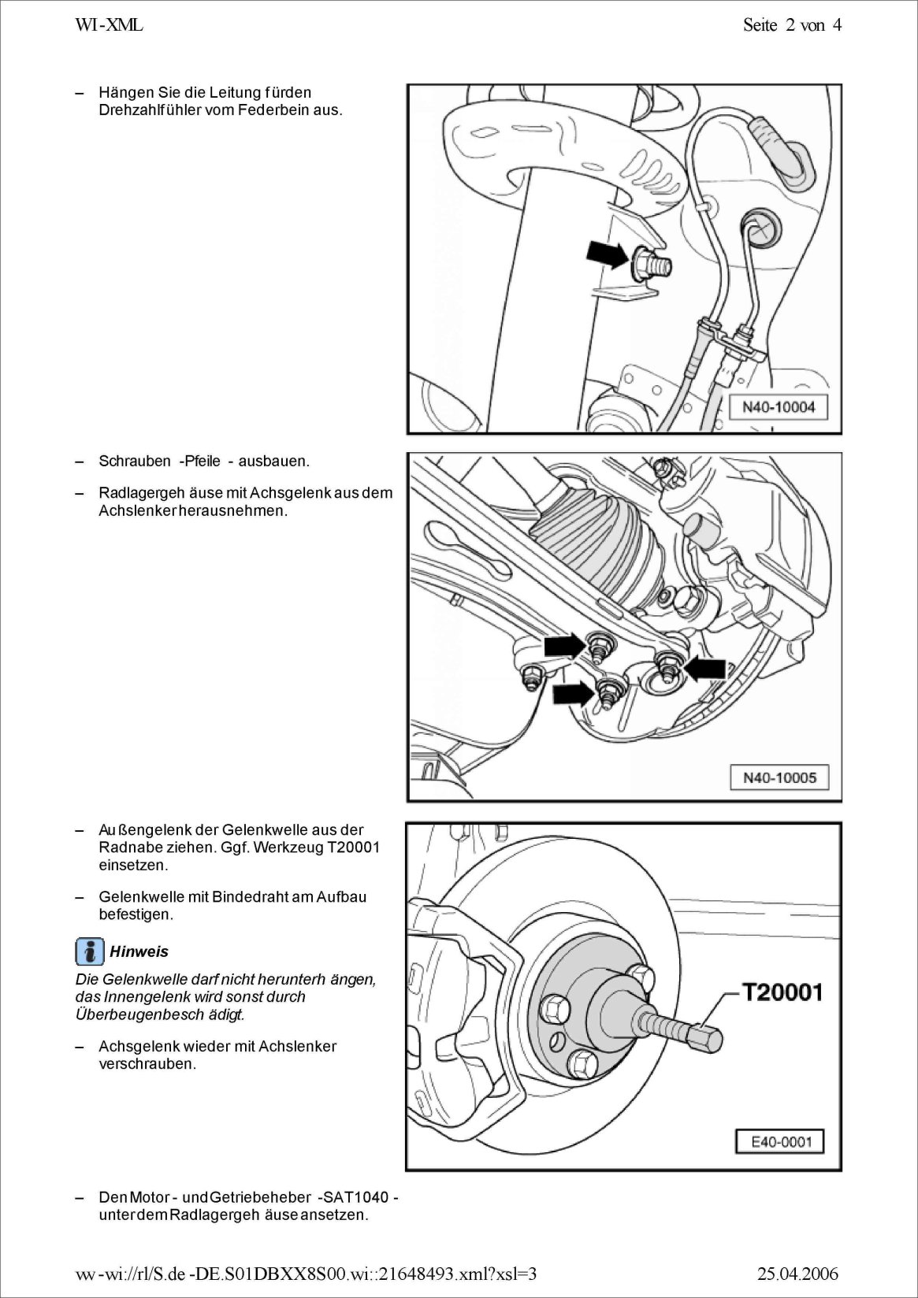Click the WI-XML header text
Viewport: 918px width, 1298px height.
pyautogui.click(x=109, y=25)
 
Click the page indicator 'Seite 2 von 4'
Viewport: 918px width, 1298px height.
pyautogui.click(x=791, y=25)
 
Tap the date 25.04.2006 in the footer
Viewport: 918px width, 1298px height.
pyautogui.click(x=797, y=1274)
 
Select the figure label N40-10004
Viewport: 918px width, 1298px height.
pyautogui.click(x=779, y=408)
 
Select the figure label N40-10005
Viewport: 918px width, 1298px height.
pyautogui.click(x=779, y=777)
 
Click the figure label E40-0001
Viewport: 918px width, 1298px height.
pyautogui.click(x=780, y=1141)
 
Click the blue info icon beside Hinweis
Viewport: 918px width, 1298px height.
pyautogui.click(x=90, y=951)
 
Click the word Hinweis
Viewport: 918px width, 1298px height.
pyautogui.click(x=139, y=951)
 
